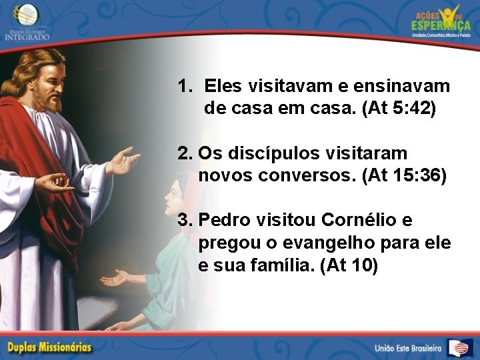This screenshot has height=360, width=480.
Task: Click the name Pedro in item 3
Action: tap(225, 219)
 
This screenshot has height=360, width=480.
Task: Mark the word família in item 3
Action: tap(284, 265)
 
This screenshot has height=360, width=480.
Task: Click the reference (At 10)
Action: tap(349, 265)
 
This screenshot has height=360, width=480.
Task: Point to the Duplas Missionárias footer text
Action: tap(50, 347)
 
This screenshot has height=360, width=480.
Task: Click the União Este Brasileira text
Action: tap(408, 348)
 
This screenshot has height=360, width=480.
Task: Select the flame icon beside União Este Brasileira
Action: tap(460, 347)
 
